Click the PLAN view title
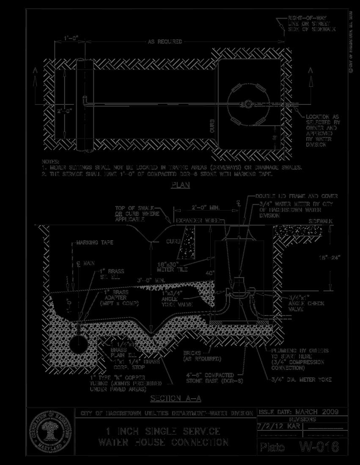tap(181, 185)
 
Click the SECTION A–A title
tap(176, 399)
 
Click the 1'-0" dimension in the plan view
tap(71, 39)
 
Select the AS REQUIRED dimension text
tap(165, 42)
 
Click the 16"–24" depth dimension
tap(330, 257)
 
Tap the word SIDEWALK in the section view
tap(321, 221)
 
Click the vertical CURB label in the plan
tap(213, 126)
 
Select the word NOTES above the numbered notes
tap(51, 161)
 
